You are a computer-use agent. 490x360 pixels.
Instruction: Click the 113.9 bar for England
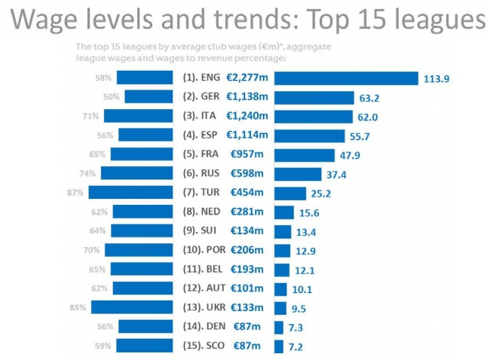point(346,78)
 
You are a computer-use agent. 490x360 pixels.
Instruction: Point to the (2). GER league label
point(201,96)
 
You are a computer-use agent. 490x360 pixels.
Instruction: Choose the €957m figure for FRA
point(247,154)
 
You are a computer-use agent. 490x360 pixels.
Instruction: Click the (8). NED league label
point(202,212)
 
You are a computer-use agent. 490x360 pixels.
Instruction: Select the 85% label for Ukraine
point(78,307)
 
